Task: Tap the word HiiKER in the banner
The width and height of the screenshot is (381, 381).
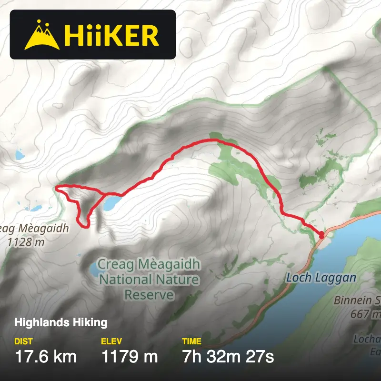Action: [111, 35]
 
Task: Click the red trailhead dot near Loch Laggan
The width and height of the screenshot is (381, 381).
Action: [321, 234]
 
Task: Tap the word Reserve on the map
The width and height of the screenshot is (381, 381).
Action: [149, 295]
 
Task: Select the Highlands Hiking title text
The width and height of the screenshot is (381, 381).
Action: [61, 322]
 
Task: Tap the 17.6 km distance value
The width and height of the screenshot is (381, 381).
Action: [45, 356]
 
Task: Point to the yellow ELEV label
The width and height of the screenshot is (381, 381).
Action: [111, 341]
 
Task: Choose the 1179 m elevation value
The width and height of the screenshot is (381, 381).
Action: [129, 356]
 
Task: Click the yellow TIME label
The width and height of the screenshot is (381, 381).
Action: [191, 341]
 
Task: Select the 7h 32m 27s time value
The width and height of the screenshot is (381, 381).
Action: [228, 356]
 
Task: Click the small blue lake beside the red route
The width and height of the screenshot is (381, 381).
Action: [112, 203]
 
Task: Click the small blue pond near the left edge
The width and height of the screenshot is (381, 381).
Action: [20, 155]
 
